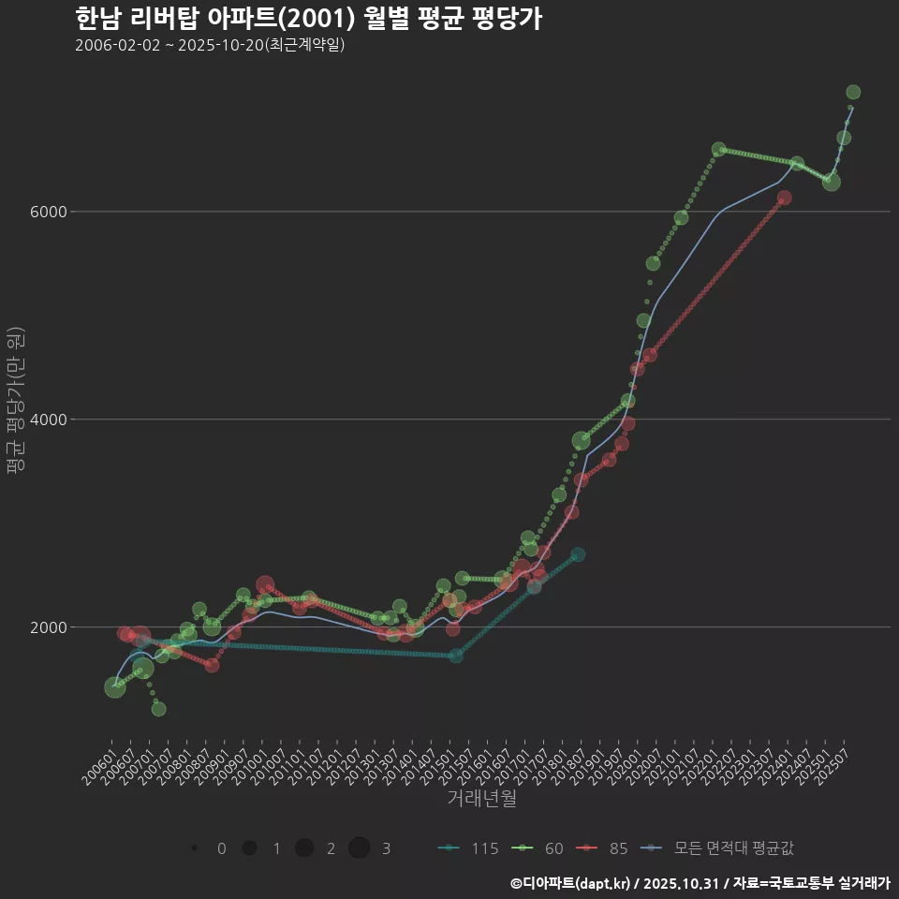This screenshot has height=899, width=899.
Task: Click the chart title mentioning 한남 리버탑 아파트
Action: [308, 19]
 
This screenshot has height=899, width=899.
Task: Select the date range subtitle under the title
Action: [210, 45]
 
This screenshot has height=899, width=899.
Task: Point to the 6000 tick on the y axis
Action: [49, 212]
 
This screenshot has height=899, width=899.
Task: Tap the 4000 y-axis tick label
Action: [49, 420]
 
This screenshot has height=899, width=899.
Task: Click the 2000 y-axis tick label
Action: [49, 627]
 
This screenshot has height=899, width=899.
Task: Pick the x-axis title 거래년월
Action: [481, 798]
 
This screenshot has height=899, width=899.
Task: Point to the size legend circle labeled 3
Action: [359, 848]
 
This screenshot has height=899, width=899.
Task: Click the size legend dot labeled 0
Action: [194, 848]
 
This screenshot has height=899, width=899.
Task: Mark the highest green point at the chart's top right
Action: [853, 92]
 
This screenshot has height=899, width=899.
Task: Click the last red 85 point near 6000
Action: [784, 198]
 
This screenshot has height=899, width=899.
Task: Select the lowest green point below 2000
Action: [158, 709]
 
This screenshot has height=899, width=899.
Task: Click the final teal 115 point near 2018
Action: [578, 554]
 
